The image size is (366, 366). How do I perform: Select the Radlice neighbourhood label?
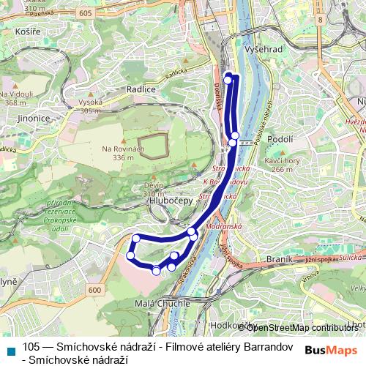[141, 89]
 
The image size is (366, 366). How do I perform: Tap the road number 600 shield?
[94, 290]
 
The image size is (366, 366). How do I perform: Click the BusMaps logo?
[330, 349]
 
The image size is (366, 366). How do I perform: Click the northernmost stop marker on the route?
[228, 78]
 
